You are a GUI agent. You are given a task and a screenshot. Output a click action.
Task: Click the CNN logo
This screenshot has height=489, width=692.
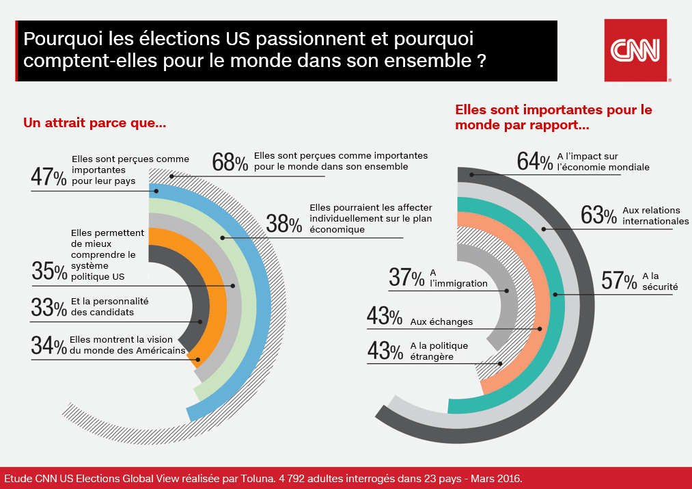pyautogui.click(x=635, y=50)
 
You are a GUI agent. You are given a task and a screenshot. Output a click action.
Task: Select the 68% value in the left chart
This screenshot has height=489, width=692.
pyautogui.click(x=230, y=163)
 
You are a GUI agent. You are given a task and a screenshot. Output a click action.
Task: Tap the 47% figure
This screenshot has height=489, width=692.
pyautogui.click(x=49, y=177)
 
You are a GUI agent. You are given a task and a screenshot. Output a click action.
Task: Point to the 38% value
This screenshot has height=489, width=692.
pyautogui.click(x=284, y=224)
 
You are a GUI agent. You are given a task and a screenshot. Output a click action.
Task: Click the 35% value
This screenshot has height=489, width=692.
pyautogui.click(x=49, y=272)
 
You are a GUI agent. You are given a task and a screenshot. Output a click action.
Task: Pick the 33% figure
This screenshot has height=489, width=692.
pyautogui.click(x=49, y=308)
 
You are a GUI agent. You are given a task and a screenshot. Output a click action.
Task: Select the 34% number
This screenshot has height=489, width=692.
pyautogui.click(x=49, y=345)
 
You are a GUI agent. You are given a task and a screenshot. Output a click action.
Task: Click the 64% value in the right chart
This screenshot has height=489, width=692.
pyautogui.click(x=535, y=161)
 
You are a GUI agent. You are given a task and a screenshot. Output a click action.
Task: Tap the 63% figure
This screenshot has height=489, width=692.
pyautogui.click(x=598, y=215)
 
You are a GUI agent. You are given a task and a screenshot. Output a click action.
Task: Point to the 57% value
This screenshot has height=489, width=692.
pyautogui.click(x=619, y=281)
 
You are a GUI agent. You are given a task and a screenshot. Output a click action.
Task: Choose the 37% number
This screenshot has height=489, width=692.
pyautogui.click(x=406, y=278)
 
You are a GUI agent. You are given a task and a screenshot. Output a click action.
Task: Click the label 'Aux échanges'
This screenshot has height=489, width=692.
pyautogui.click(x=441, y=321)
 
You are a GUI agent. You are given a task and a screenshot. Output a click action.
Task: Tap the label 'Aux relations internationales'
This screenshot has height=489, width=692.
pyautogui.click(x=655, y=215)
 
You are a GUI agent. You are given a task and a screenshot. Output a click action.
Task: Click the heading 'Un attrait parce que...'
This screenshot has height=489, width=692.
pyautogui.click(x=95, y=123)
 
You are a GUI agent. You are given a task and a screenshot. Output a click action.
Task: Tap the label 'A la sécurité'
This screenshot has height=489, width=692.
pyautogui.click(x=659, y=281)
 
